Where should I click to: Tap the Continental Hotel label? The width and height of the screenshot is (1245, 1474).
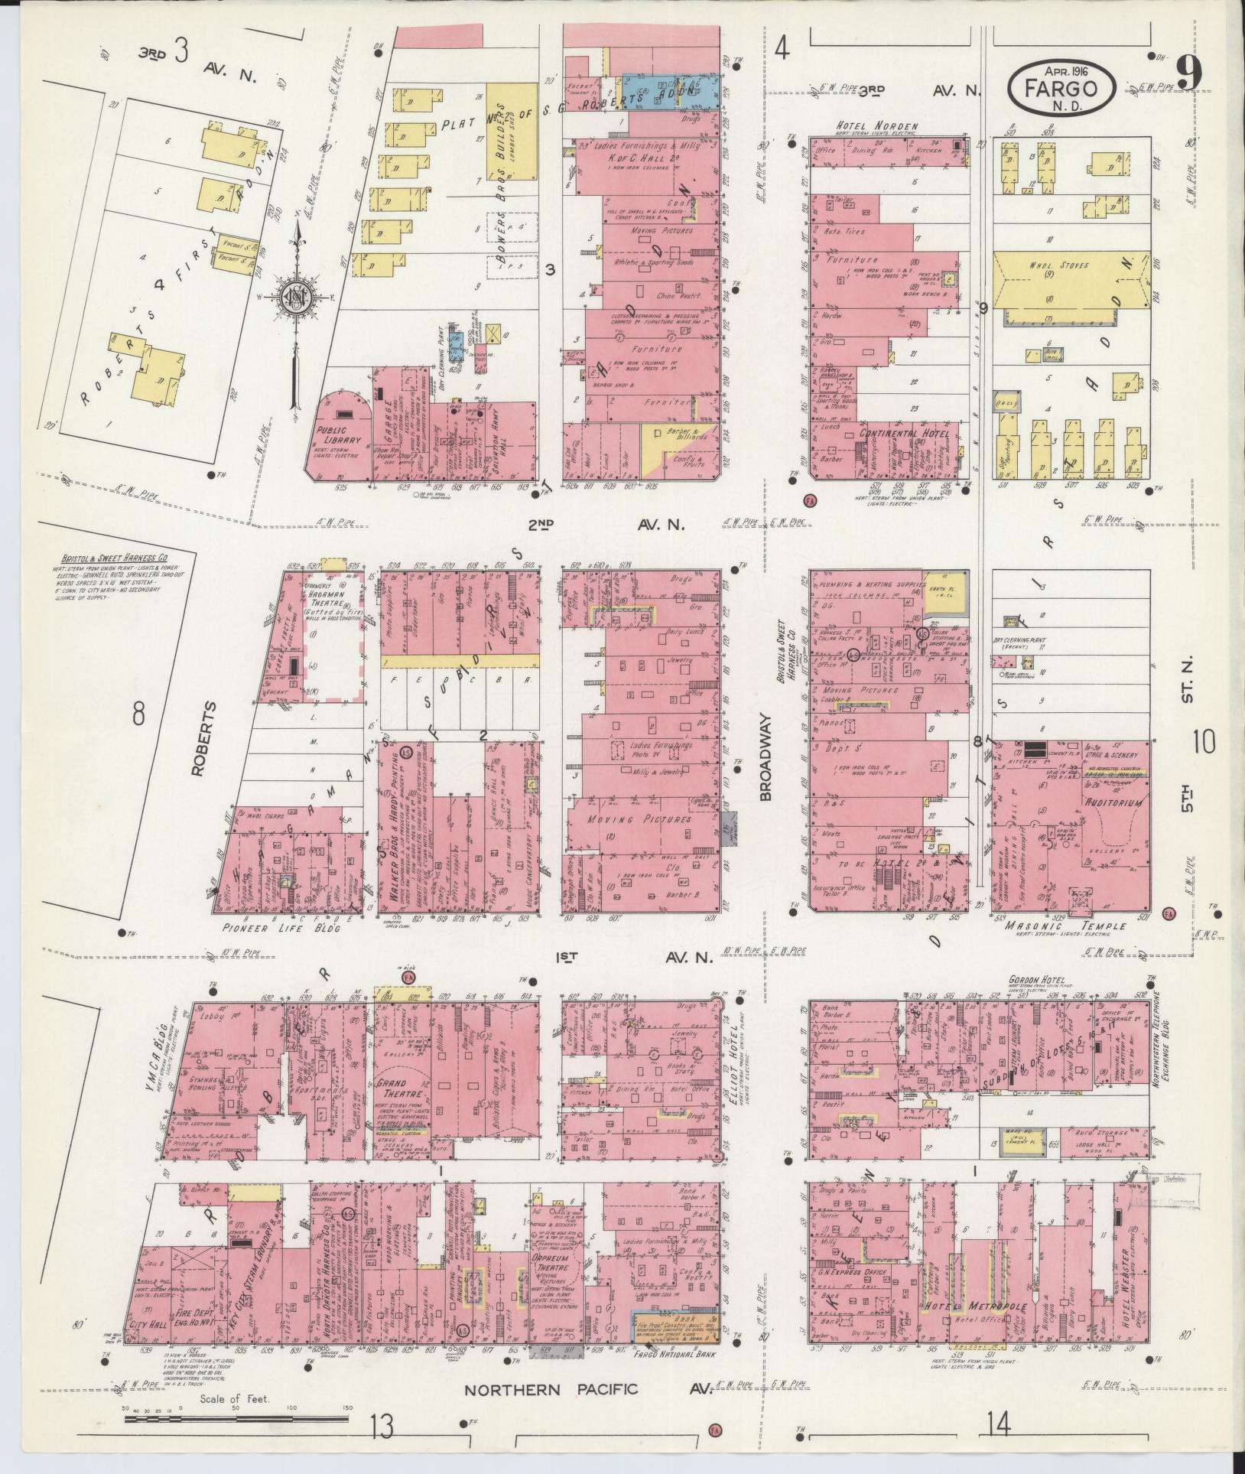point(904,434)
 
